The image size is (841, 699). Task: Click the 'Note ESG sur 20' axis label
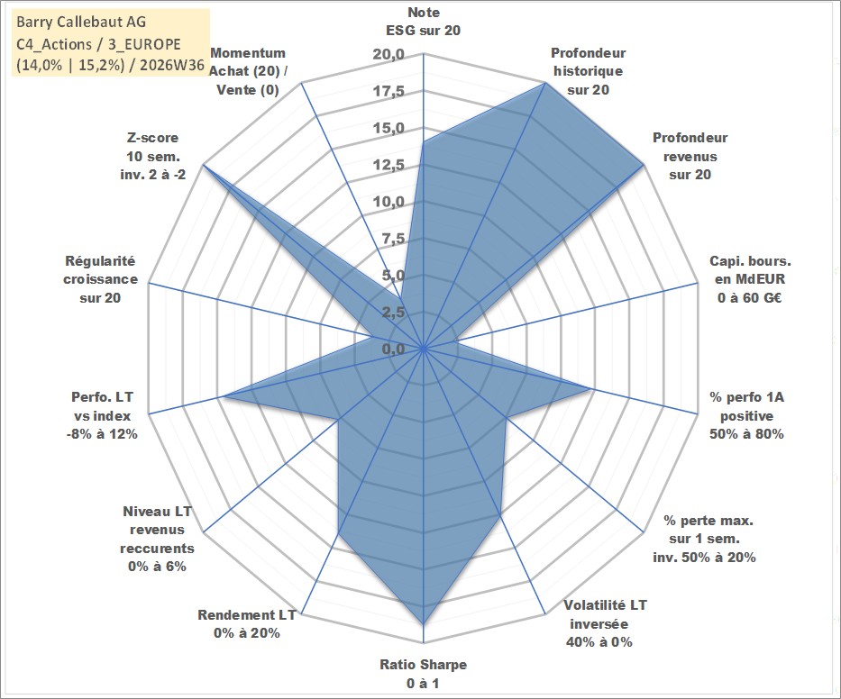(x=423, y=22)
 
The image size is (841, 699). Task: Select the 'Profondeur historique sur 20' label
(x=588, y=71)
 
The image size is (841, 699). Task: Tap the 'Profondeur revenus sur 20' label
(x=690, y=156)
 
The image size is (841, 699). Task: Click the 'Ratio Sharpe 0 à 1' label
(x=423, y=674)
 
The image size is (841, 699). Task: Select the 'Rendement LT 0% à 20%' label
(x=247, y=624)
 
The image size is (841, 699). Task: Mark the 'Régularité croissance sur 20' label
(x=100, y=279)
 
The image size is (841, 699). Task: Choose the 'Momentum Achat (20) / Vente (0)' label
(x=248, y=71)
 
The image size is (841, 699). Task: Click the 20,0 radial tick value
(x=389, y=54)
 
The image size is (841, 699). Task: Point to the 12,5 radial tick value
(x=389, y=165)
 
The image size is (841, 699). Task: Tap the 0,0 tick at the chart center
(x=394, y=349)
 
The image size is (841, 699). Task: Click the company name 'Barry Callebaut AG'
(x=81, y=22)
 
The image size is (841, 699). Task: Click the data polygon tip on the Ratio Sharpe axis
(x=423, y=624)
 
